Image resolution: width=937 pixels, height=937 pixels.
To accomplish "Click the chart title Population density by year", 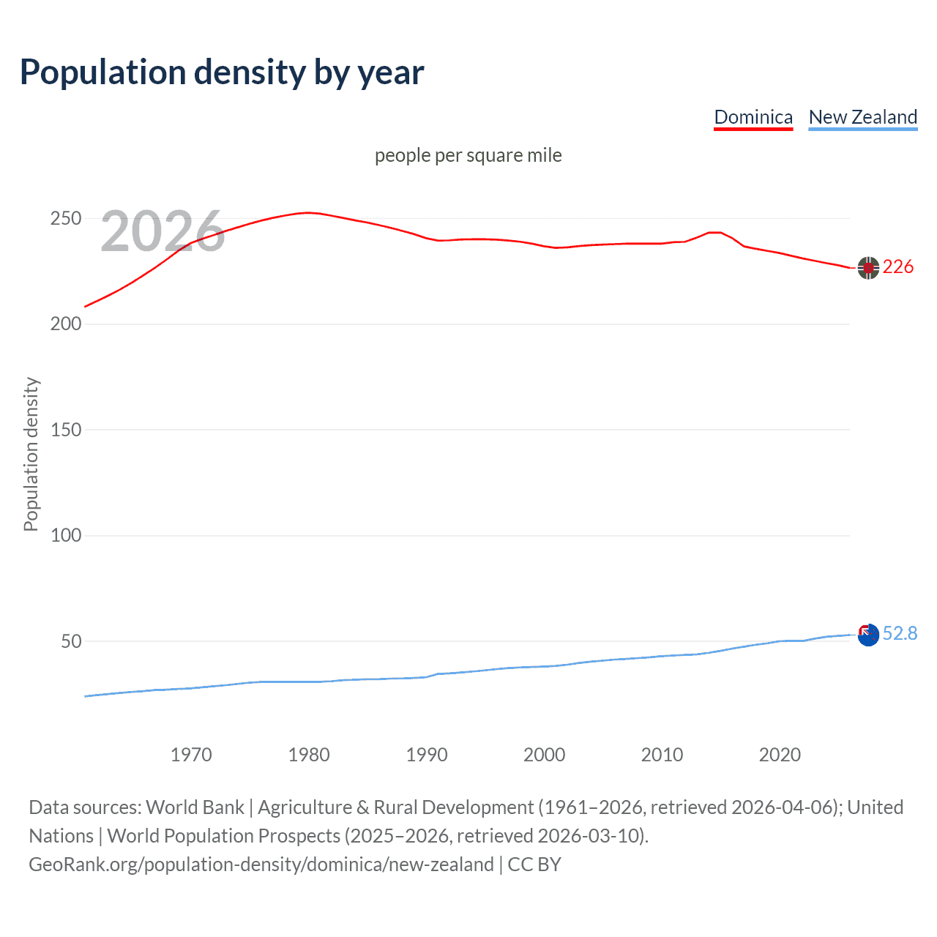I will pyautogui.click(x=222, y=72).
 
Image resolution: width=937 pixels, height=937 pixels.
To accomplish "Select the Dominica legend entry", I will pyautogui.click(x=753, y=117).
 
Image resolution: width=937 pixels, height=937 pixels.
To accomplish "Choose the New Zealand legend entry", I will pyautogui.click(x=862, y=117).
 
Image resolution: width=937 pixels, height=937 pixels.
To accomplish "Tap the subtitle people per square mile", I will pyautogui.click(x=468, y=155).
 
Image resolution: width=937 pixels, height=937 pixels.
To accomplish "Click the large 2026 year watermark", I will pyautogui.click(x=163, y=231).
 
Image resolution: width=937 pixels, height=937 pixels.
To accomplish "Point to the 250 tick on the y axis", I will pyautogui.click(x=65, y=219).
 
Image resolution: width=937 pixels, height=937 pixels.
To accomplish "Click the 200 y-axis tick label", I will pyautogui.click(x=65, y=324).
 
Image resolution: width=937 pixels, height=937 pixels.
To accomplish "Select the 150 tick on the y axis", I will pyautogui.click(x=65, y=430).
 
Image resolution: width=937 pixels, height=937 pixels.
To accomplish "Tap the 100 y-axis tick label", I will pyautogui.click(x=65, y=535).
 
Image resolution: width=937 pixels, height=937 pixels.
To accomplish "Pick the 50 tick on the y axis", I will pyautogui.click(x=71, y=641).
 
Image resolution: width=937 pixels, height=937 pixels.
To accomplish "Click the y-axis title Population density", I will pyautogui.click(x=31, y=454).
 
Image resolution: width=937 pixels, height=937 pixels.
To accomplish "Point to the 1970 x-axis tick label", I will pyautogui.click(x=191, y=755).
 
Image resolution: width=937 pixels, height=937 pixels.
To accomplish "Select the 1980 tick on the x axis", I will pyautogui.click(x=309, y=755).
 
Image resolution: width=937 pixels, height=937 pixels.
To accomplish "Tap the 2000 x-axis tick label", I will pyautogui.click(x=544, y=755).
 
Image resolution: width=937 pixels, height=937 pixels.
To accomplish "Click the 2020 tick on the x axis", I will pyautogui.click(x=780, y=755).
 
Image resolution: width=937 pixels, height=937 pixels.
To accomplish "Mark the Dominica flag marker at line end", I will pyautogui.click(x=868, y=269).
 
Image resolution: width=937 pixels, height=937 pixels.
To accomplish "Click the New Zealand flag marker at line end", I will pyautogui.click(x=868, y=635).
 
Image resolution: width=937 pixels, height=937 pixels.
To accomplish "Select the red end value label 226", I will pyautogui.click(x=898, y=267).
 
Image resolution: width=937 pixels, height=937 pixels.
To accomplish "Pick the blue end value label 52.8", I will pyautogui.click(x=900, y=633).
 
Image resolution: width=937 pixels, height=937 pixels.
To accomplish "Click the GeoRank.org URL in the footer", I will pyautogui.click(x=261, y=865).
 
